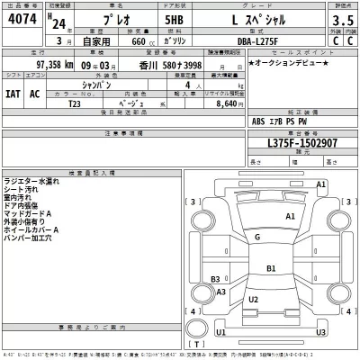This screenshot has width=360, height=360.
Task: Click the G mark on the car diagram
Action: pos(257,237)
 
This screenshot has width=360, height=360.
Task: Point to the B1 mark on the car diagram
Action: pos(271,268)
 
